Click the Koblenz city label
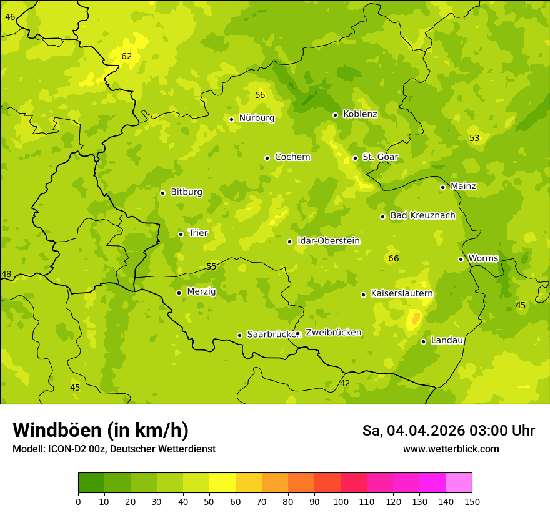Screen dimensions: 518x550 click(360, 114)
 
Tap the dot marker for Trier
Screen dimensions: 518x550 click(181, 234)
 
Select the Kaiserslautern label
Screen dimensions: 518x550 click(401, 293)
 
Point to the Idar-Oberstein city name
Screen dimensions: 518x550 click(328, 241)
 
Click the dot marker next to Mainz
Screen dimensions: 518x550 click(442, 187)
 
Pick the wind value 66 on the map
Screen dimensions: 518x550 click(393, 258)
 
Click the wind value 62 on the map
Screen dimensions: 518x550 click(127, 56)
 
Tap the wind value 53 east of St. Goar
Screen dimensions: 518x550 click(474, 138)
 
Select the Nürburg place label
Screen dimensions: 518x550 click(256, 118)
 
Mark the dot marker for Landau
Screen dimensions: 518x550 click(423, 341)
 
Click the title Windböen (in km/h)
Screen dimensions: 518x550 click(101, 430)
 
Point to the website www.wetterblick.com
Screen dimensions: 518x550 click(451, 449)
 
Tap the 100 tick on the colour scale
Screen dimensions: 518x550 click(341, 501)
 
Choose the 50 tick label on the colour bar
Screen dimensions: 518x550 click(209, 501)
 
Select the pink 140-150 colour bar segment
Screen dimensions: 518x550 click(459, 483)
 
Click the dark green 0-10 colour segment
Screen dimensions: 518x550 click(91, 483)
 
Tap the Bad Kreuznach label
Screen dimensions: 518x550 click(422, 215)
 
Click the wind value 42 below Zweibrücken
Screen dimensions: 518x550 click(345, 383)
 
